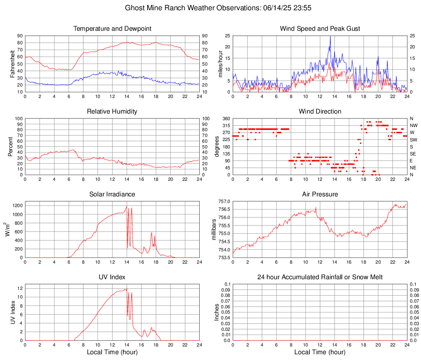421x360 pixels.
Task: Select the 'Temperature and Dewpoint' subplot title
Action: pos(112,29)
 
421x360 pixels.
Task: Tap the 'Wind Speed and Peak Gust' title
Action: pos(320,29)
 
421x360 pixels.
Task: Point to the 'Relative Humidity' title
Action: pos(112,112)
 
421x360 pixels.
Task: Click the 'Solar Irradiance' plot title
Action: pos(112,194)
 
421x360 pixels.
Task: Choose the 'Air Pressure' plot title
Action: pos(320,194)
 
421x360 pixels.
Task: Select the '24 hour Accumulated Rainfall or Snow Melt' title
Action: pos(320,277)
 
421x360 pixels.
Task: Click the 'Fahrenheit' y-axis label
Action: pos(11,64)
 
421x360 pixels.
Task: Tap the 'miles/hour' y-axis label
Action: pos(220,64)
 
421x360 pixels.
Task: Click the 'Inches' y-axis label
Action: pos(217,312)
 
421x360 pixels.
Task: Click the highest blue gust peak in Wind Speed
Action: pos(330,36)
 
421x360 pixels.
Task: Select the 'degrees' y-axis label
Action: pos(217,147)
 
